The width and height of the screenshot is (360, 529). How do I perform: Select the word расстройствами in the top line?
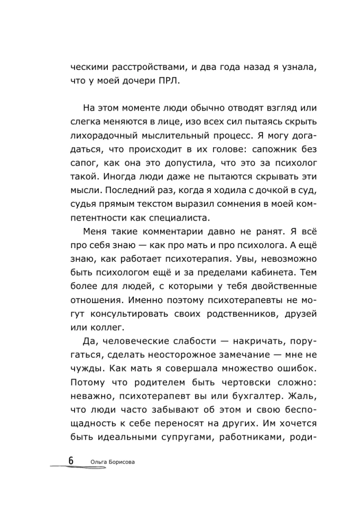tap(141, 67)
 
